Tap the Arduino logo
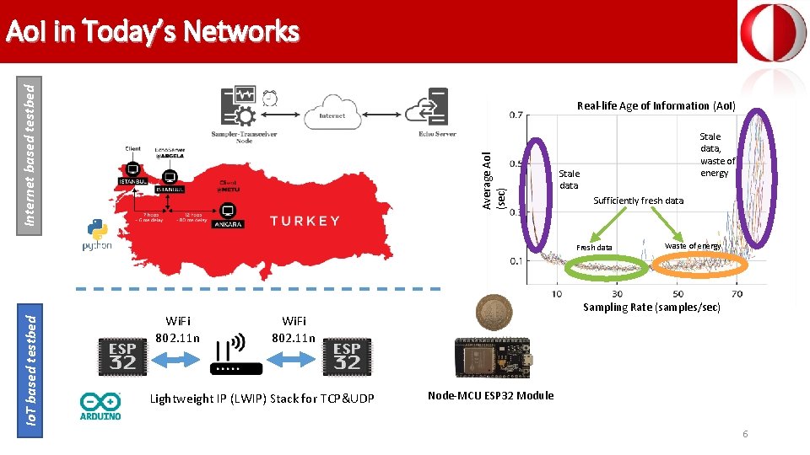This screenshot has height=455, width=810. click(x=101, y=405)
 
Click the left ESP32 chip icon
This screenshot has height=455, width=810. click(x=122, y=355)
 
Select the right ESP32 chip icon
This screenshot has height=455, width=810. click(x=347, y=355)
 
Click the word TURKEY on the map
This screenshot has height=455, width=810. click(x=305, y=221)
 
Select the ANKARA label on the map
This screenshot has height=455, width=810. click(x=228, y=225)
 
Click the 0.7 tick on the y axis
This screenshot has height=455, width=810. click(x=514, y=115)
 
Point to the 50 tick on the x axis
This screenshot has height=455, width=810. click(x=678, y=293)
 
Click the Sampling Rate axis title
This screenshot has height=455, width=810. click(x=651, y=308)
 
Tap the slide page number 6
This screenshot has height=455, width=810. click(x=745, y=434)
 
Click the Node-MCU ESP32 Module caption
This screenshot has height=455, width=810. click(x=490, y=395)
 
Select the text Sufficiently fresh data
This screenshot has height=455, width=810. click(x=638, y=201)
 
